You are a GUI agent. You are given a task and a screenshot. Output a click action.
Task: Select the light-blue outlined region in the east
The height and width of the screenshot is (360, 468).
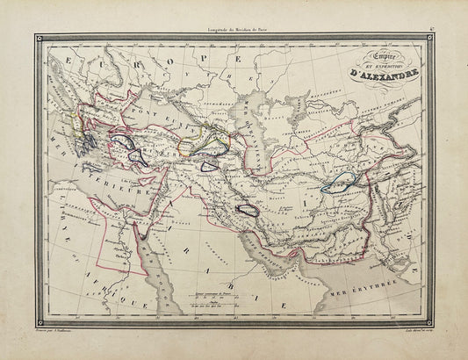339,182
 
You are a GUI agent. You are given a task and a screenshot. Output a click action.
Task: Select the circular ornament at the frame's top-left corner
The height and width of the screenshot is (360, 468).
40,40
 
